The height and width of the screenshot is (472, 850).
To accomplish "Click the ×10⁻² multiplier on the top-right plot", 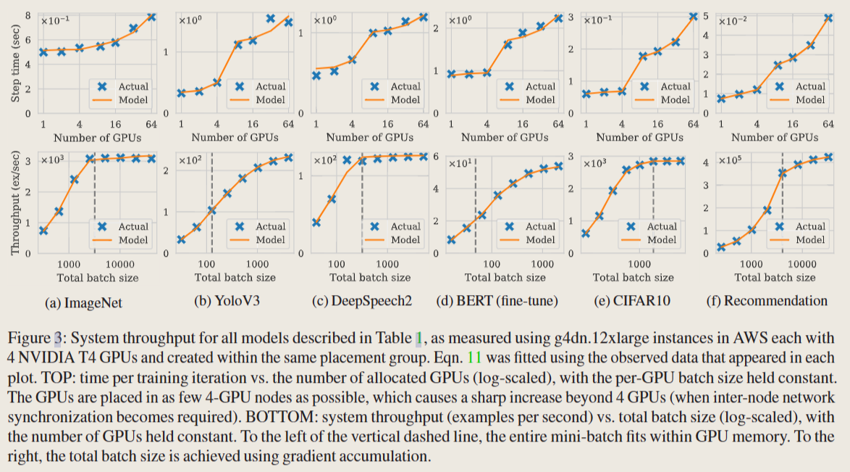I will [x=733, y=21].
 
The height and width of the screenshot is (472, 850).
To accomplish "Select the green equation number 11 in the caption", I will [x=476, y=358].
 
